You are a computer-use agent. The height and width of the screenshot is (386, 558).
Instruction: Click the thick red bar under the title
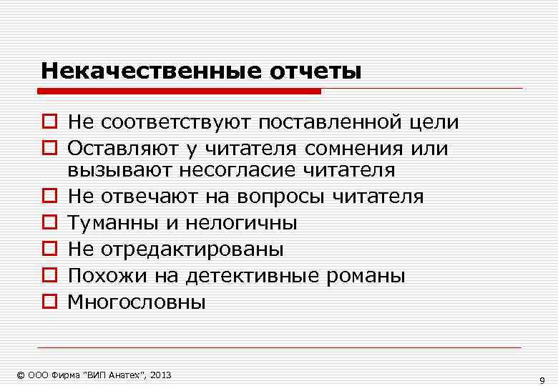pyautogui.click(x=179, y=91)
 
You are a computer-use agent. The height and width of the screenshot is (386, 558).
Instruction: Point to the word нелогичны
pyautogui.click(x=241, y=223)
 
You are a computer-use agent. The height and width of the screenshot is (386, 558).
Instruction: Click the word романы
pyautogui.click(x=368, y=276)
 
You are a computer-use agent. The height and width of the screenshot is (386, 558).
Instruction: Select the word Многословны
pyautogui.click(x=137, y=302)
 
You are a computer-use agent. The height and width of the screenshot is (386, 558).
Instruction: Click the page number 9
pyautogui.click(x=542, y=380)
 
